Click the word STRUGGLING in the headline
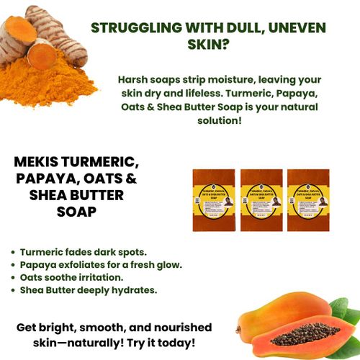tap(134, 29)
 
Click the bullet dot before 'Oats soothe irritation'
tap(14, 278)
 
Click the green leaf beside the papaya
tap(348, 317)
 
